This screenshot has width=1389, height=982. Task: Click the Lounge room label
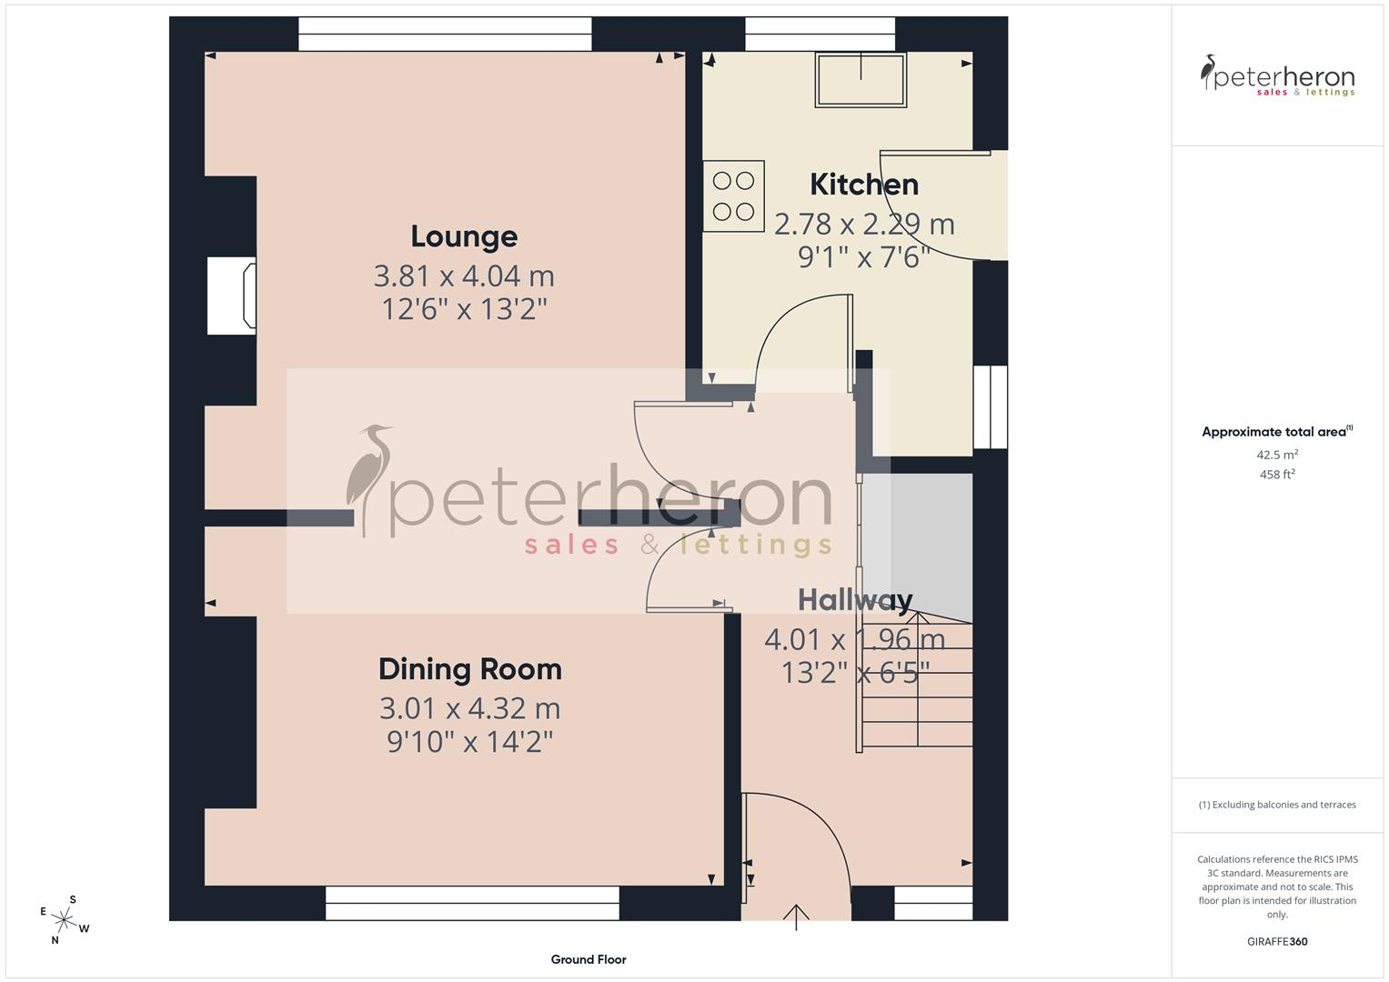[464, 236]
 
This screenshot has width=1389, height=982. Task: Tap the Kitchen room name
[864, 185]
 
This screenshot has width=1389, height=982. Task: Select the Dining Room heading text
[470, 669]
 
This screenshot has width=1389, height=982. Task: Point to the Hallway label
[854, 600]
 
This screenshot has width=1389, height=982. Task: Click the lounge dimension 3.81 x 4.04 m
[464, 276]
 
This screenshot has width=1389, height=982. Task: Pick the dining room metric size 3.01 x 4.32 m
[470, 708]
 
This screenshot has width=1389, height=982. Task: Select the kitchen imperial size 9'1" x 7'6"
[864, 256]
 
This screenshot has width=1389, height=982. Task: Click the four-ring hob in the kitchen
[733, 195]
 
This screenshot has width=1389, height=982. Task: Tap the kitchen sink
[861, 80]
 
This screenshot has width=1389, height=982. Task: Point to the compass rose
[64, 920]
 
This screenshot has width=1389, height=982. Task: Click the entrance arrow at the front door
[796, 917]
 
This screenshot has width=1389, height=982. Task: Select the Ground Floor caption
[589, 959]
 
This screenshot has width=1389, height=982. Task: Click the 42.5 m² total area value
[1277, 455]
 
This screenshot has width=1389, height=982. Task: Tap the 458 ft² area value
[1277, 475]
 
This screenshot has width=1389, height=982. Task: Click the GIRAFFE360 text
[1277, 941]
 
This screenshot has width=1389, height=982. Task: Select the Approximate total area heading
[1277, 432]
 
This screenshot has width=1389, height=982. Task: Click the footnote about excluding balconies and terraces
[1277, 805]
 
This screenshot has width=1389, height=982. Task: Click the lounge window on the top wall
[445, 35]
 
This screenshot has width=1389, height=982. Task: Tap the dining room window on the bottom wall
[472, 903]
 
